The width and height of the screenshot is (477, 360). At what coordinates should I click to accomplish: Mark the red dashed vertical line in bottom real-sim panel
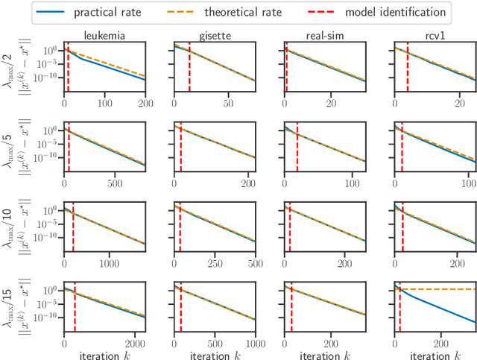tap(291, 306)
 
